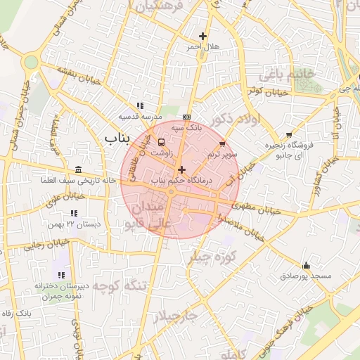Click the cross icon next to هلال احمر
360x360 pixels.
pos(203,36)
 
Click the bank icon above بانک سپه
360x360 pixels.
pos(186,117)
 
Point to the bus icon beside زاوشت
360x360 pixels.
pos(162,141)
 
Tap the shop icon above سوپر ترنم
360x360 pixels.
pos(223,143)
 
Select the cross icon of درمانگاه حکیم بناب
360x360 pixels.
pos(182,169)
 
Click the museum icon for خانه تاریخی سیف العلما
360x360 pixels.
pos(77,170)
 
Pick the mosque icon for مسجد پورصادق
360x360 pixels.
pos(306,266)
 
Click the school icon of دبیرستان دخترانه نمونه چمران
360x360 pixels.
pos(60,274)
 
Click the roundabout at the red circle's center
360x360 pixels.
pos(171,191)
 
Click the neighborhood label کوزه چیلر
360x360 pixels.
pos(209,258)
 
